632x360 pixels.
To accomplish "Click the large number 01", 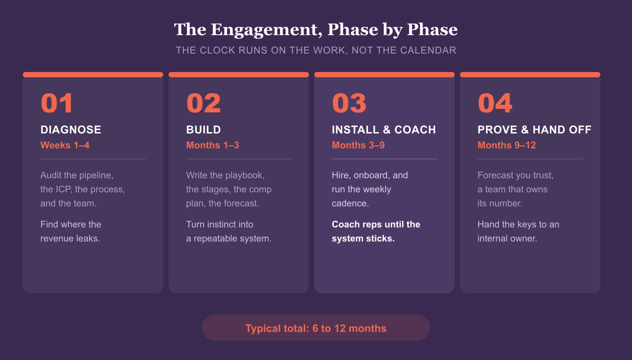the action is pyautogui.click(x=57, y=103).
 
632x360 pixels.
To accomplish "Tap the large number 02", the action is pyautogui.click(x=204, y=103).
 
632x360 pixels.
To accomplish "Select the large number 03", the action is pyautogui.click(x=349, y=103).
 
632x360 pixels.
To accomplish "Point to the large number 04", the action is pyautogui.click(x=495, y=103).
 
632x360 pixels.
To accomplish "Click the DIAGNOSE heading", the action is pyautogui.click(x=71, y=130).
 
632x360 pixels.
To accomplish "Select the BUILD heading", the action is pyautogui.click(x=204, y=130).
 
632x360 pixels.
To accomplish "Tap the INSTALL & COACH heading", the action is pyautogui.click(x=384, y=130).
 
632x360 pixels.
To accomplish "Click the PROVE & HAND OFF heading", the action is pyautogui.click(x=535, y=130).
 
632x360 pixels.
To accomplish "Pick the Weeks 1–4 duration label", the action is pyautogui.click(x=65, y=145).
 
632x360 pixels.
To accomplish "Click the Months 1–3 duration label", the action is pyautogui.click(x=212, y=145).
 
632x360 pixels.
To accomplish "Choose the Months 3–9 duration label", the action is pyautogui.click(x=358, y=145).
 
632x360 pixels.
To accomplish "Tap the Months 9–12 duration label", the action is pyautogui.click(x=507, y=145).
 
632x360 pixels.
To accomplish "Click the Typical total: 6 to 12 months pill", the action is pyautogui.click(x=316, y=328).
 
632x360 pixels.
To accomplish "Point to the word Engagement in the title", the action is pyautogui.click(x=267, y=30).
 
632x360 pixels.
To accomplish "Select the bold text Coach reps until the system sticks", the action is pyautogui.click(x=376, y=231).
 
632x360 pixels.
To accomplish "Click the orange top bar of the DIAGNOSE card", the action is pyautogui.click(x=93, y=75).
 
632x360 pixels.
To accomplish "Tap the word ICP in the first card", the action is pyautogui.click(x=64, y=189).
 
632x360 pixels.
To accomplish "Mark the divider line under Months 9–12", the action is pyautogui.click(x=530, y=159).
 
